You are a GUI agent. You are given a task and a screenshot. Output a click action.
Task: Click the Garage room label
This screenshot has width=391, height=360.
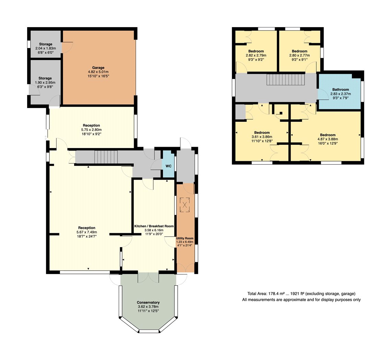coord(98,68)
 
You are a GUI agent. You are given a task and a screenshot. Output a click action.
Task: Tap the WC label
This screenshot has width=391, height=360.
coord(168,166)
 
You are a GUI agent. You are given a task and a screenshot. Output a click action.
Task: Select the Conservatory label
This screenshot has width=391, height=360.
coord(148,302)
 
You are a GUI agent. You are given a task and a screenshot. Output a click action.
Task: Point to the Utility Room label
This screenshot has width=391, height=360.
coord(185,238)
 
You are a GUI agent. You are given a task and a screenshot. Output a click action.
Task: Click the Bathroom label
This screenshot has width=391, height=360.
coord(341,89)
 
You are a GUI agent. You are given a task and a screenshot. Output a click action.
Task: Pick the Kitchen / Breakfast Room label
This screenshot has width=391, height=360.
coord(154,226)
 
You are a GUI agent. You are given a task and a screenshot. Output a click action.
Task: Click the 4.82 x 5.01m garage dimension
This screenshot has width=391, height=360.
coord(98,72)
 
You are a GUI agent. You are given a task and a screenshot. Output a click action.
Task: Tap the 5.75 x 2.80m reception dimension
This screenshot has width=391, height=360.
coord(91,130)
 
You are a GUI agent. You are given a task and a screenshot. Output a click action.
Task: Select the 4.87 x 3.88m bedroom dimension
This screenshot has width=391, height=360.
coord(328,139)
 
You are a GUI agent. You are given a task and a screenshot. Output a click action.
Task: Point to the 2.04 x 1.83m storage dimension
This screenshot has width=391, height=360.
coord(46,48)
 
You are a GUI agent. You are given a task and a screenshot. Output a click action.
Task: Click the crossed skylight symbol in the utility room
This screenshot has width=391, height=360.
coord(185,205)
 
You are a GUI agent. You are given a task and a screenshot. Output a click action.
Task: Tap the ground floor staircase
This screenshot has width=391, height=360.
coord(106,157)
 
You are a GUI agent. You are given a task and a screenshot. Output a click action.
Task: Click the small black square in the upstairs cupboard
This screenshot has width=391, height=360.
coord(281,113)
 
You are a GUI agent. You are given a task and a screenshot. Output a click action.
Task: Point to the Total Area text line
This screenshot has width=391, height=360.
coord(301,294)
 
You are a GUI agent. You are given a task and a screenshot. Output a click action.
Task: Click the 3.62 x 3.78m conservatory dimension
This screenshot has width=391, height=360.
coord(148,307)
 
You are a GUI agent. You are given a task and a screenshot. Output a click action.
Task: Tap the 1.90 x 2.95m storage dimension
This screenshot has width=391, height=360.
coord(45,83)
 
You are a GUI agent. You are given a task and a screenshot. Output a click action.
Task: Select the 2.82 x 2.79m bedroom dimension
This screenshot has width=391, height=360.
coord(256,55)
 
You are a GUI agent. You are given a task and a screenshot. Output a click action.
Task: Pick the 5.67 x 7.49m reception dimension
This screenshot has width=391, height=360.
coord(87,232)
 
